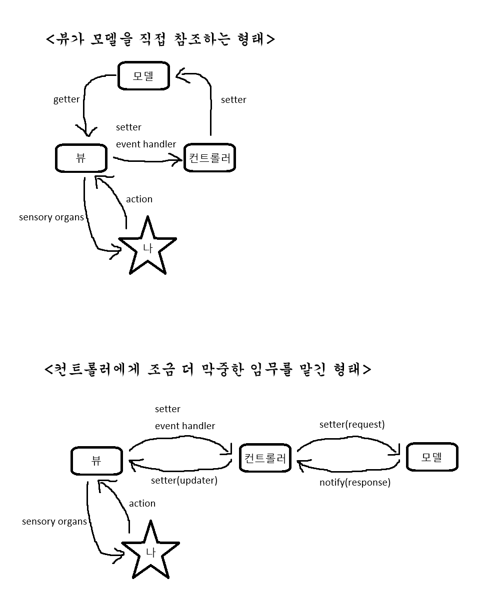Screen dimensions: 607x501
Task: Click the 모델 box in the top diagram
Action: [x=143, y=76]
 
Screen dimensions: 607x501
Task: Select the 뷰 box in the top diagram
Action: [x=81, y=158]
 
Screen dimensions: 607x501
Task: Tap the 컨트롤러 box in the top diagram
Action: [x=209, y=158]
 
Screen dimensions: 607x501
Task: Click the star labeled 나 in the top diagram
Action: [x=147, y=248]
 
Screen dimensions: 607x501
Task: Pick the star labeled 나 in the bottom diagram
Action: [x=150, y=552]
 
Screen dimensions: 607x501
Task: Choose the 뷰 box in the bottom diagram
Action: [x=96, y=461]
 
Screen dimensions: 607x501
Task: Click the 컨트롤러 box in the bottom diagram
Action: [x=265, y=458]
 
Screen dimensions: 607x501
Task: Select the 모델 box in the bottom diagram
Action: [x=432, y=457]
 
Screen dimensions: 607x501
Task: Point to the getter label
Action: [x=66, y=99]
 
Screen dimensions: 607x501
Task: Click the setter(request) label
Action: [x=352, y=425]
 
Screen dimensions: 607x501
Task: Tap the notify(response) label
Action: [x=355, y=483]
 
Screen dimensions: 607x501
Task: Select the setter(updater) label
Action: [x=184, y=481]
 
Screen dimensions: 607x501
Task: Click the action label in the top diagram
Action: [x=139, y=199]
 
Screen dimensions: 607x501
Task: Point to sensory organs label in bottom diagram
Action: [x=54, y=522]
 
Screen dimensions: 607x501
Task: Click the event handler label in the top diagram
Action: [x=146, y=144]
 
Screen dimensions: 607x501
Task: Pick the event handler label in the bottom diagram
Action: [x=185, y=426]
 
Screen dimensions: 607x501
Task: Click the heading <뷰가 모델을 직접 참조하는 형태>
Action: [x=160, y=39]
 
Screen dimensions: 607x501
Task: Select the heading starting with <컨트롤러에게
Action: [x=207, y=370]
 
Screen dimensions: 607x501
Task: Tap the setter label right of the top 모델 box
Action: [x=233, y=100]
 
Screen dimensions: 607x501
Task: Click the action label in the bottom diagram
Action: [x=142, y=504]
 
